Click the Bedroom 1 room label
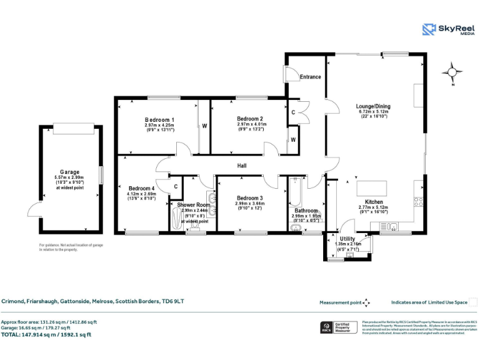pos(159,119)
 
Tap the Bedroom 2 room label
pos(249,119)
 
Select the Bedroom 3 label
pos(249,198)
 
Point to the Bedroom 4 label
pos(141,188)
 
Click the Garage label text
pos(69,171)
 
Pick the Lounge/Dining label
pos(372,106)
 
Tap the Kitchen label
pos(374,202)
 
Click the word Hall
pos(241,166)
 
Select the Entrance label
pos(310,77)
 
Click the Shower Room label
pos(193,205)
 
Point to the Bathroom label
pos(306,211)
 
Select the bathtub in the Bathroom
pos(295,194)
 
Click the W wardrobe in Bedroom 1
pos(204,126)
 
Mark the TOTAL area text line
pos(46,334)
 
